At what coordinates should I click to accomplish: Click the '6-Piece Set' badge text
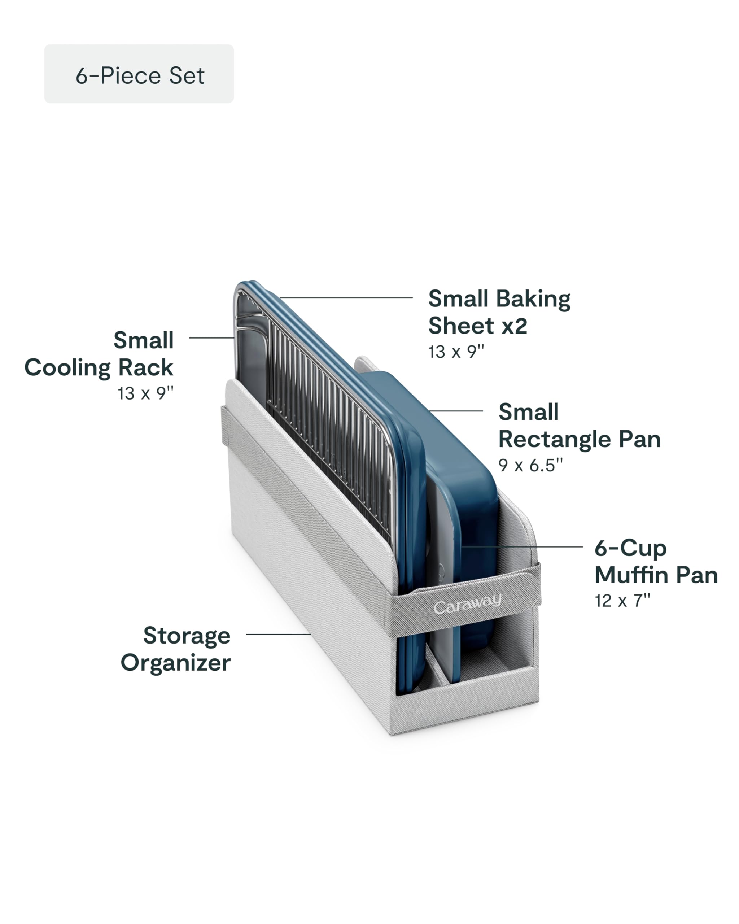coord(140,75)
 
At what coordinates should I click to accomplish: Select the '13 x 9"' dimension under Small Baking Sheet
coord(456,352)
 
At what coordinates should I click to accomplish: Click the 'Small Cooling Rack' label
coord(99,354)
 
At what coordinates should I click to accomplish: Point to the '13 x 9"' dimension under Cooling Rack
coord(146,393)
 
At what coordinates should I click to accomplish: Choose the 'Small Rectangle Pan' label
coord(579,426)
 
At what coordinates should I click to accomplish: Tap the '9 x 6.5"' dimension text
coord(530,465)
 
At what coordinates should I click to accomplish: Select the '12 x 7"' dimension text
coord(622,601)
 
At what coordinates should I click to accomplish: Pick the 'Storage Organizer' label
coord(176,649)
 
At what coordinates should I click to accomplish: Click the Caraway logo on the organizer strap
coord(467,604)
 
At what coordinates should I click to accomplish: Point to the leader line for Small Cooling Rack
coord(211,338)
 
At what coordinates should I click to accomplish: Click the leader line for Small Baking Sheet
coord(346,297)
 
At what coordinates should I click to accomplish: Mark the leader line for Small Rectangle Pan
coord(456,411)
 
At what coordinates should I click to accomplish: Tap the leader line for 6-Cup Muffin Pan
coord(522,547)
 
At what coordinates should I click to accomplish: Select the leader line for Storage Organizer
coord(279,634)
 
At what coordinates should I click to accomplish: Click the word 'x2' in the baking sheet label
coord(514,326)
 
